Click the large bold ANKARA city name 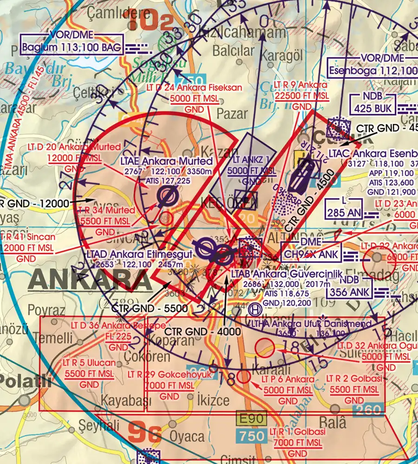point(90,278)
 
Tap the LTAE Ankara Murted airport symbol point(166,197)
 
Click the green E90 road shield point(251,419)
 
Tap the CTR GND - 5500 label point(150,309)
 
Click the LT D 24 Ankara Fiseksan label point(198,87)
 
